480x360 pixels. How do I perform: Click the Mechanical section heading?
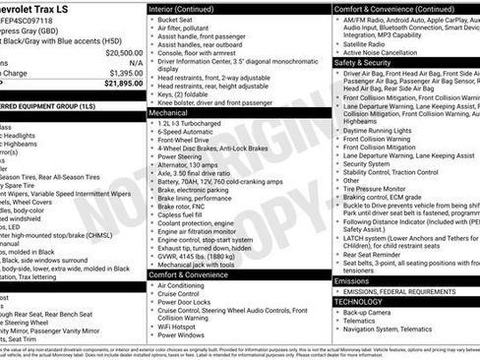pos(168,113)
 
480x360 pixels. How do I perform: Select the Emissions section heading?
pos(352,280)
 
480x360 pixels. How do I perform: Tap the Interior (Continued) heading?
pos(182,8)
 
